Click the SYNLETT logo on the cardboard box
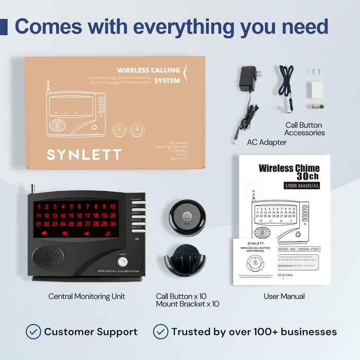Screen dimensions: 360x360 (x=84, y=154)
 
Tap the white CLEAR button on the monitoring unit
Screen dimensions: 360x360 (x=122, y=261)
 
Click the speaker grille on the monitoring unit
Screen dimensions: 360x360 (x=48, y=256)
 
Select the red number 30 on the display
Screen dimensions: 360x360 (x=113, y=224)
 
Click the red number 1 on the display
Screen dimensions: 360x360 (x=39, y=207)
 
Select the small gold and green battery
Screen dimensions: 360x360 (x=318, y=106)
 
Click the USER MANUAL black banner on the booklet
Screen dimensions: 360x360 (x=302, y=185)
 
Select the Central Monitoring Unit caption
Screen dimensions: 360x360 (x=86, y=296)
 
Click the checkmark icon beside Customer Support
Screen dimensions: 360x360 (x=33, y=331)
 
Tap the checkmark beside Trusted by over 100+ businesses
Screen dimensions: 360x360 (x=160, y=331)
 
